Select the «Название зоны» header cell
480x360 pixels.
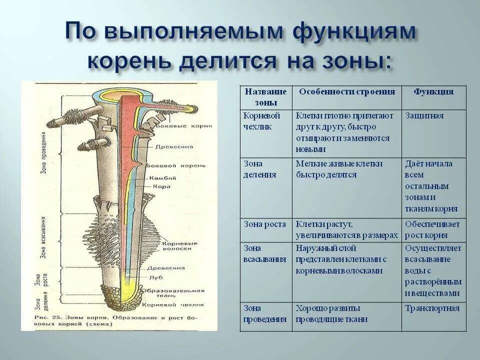click(x=265, y=97)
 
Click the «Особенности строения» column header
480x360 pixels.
click(x=347, y=92)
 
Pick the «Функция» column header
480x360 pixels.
click(x=433, y=92)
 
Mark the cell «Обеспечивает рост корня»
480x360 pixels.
click(x=433, y=229)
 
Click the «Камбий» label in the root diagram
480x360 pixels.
click(x=159, y=178)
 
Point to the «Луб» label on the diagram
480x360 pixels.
click(x=154, y=276)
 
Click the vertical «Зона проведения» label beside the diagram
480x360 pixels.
click(x=44, y=153)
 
